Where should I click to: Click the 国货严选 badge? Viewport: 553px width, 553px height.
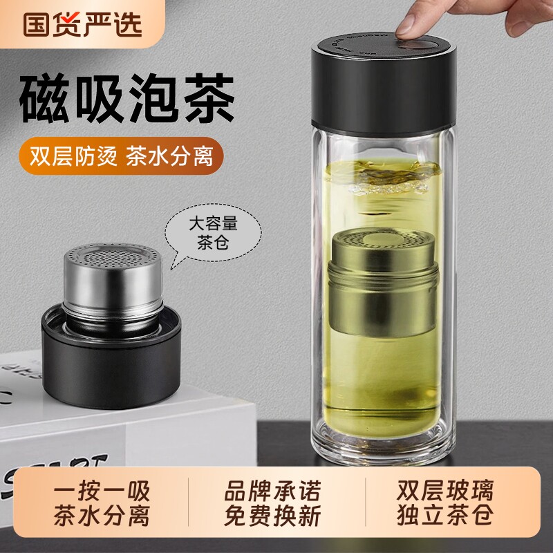[x=82, y=24]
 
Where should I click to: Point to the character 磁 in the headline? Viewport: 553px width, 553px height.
[x=42, y=100]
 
